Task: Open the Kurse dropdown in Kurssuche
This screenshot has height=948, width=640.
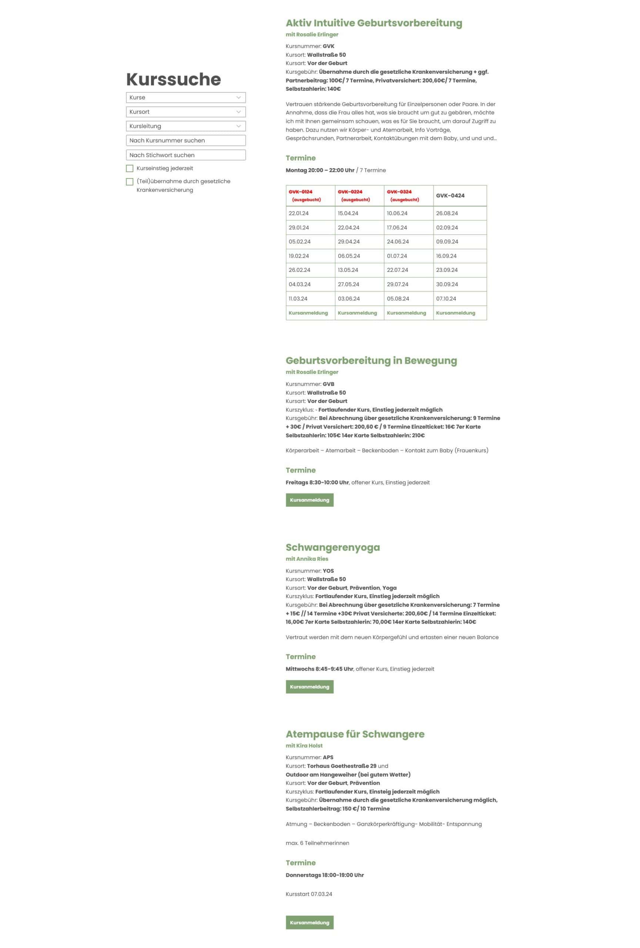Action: pos(185,97)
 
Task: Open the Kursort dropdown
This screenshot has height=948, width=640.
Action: pos(185,112)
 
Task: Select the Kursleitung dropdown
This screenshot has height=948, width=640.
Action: pos(185,126)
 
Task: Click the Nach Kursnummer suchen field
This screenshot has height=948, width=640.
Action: pos(185,140)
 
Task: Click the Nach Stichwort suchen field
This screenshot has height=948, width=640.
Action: pos(185,155)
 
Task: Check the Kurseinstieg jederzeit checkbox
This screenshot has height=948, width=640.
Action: pos(130,168)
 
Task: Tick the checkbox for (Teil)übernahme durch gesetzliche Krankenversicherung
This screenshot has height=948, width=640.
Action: pos(130,181)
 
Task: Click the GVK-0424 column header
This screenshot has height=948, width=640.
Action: pos(450,196)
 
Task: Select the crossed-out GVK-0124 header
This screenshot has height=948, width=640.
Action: pos(301,192)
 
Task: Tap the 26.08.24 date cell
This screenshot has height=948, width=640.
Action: pos(447,213)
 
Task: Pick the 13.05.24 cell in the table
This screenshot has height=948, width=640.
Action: pos(349,270)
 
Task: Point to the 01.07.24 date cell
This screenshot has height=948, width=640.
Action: pos(397,256)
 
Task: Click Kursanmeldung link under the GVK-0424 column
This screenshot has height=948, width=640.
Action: pos(455,313)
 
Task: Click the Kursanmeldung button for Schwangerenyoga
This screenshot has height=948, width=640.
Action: pos(309,687)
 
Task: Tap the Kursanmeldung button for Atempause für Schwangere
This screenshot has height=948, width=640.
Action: pos(309,922)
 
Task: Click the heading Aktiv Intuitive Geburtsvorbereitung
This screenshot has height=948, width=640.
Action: pos(373,23)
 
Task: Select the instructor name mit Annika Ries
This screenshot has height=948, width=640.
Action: pos(306,559)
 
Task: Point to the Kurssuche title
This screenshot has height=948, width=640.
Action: pos(173,79)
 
